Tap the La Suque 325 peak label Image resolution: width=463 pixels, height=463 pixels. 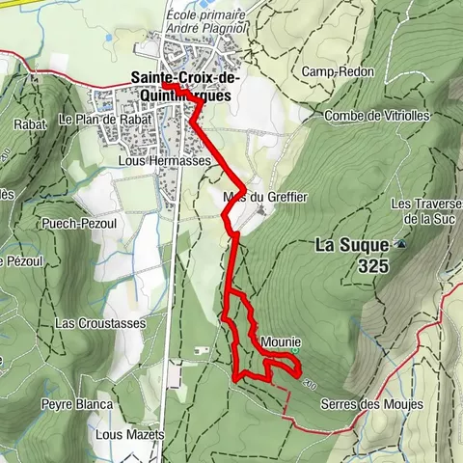(x=352, y=254)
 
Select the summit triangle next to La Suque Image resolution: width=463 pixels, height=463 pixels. (x=398, y=245)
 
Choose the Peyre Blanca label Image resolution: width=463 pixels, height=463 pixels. (x=76, y=404)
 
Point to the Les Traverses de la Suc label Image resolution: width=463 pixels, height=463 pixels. (x=422, y=212)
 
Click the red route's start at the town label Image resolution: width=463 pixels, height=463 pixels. (x=164, y=85)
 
